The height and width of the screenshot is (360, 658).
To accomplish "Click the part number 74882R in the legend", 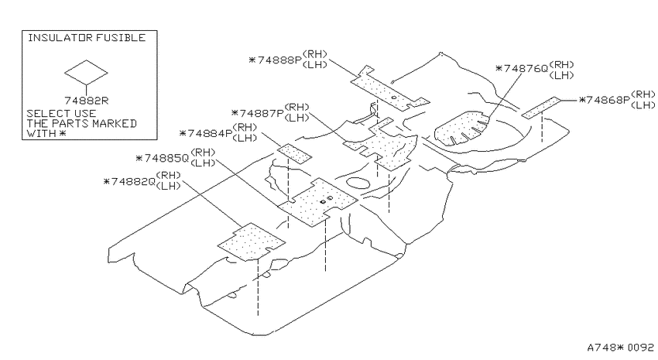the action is click(86, 101).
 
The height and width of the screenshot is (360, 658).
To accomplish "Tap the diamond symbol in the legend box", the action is click(86, 73).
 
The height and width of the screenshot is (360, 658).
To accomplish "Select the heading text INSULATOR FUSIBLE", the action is click(87, 38).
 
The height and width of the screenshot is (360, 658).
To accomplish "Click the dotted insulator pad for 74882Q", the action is click(252, 242).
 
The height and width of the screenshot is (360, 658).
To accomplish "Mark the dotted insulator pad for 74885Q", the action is click(318, 202).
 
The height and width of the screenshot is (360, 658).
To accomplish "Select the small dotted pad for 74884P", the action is click(294, 153).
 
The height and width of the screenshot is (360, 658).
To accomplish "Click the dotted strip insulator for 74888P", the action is click(390, 89).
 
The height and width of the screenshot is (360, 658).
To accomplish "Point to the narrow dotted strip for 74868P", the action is click(541, 108).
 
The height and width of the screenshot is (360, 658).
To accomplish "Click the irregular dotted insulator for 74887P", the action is click(381, 146).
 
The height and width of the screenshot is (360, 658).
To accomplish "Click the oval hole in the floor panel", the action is click(357, 183).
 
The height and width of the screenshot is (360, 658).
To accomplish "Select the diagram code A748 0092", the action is click(620, 348).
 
